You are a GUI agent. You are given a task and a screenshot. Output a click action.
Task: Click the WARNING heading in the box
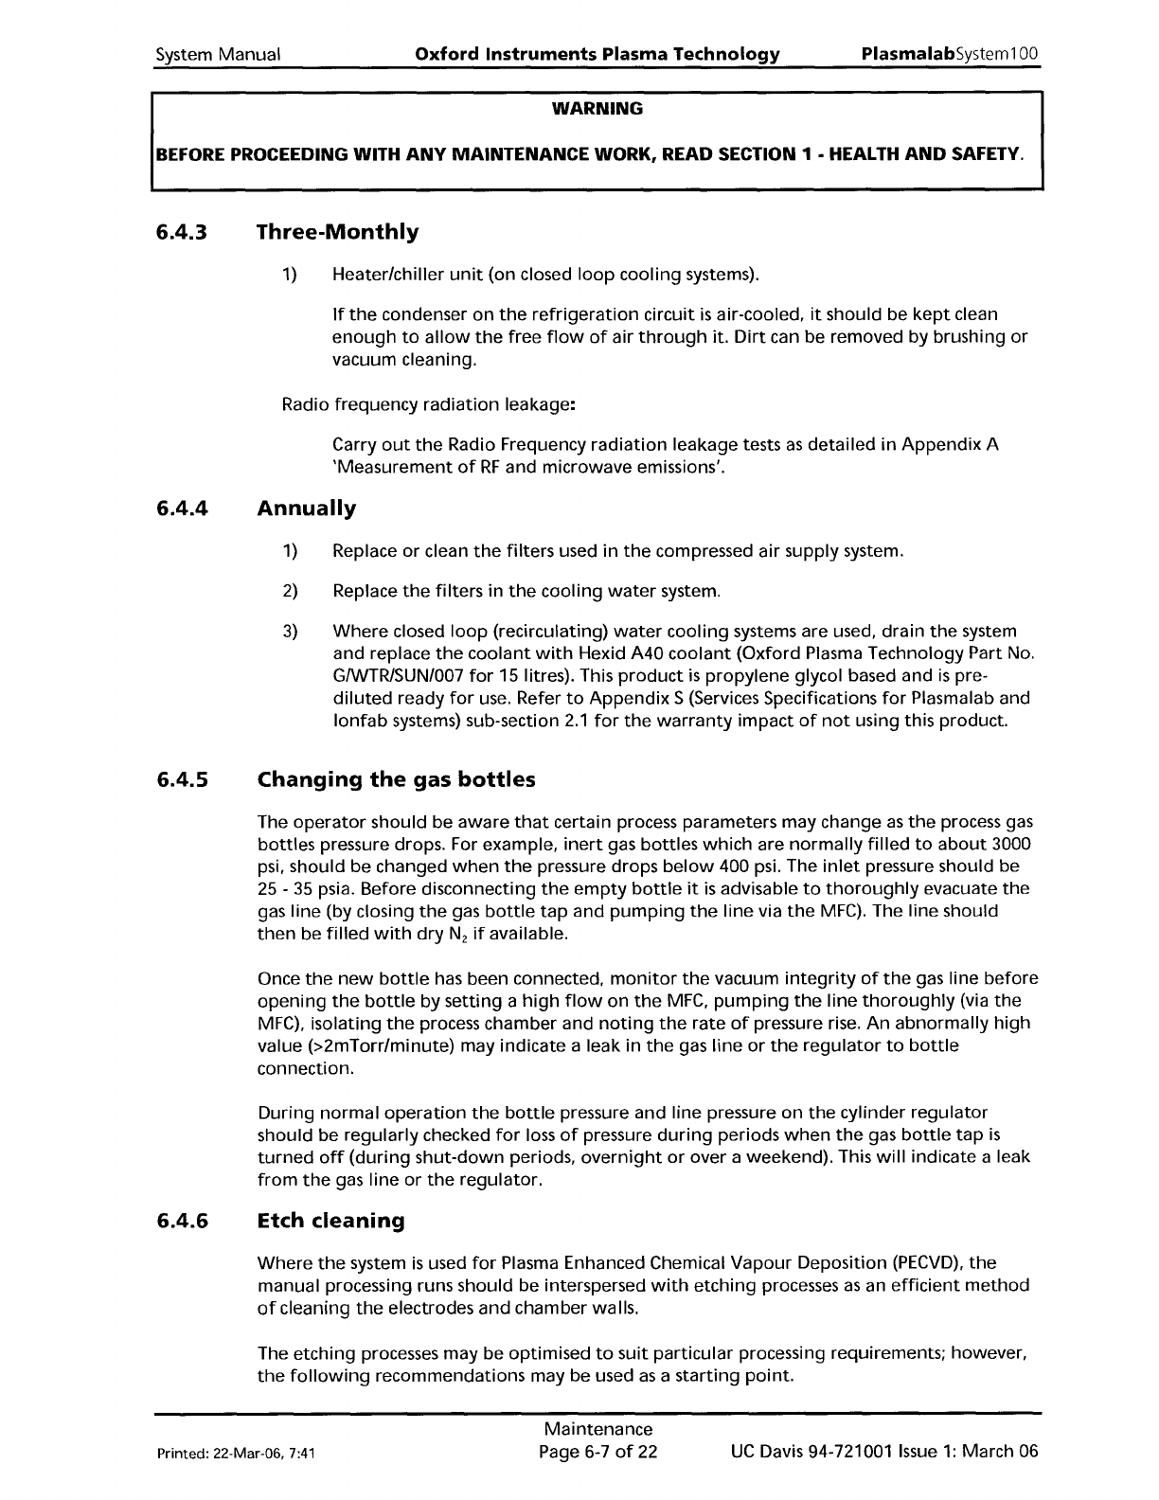coord(597,109)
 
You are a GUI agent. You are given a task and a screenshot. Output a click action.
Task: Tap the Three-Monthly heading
coord(337,232)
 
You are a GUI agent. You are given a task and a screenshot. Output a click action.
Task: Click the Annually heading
coord(307,509)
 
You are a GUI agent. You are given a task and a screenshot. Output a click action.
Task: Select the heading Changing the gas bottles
coord(396,780)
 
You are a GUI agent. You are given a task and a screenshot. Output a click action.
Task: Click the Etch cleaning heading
coord(330,1221)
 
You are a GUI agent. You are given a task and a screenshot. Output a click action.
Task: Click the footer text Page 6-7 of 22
coord(597,1452)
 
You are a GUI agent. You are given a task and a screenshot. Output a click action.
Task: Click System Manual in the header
coord(218,54)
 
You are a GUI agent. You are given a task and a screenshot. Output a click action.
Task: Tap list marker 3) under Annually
coord(290,631)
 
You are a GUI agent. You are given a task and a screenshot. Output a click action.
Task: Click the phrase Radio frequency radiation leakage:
coord(430,405)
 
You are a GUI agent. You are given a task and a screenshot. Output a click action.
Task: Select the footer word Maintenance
coord(598,1429)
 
